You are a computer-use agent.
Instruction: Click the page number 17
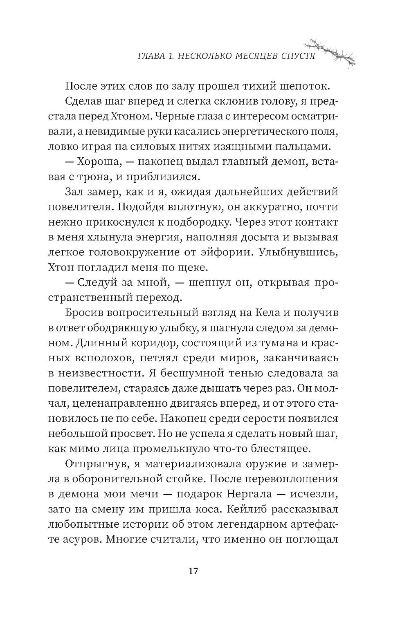[193, 571]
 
